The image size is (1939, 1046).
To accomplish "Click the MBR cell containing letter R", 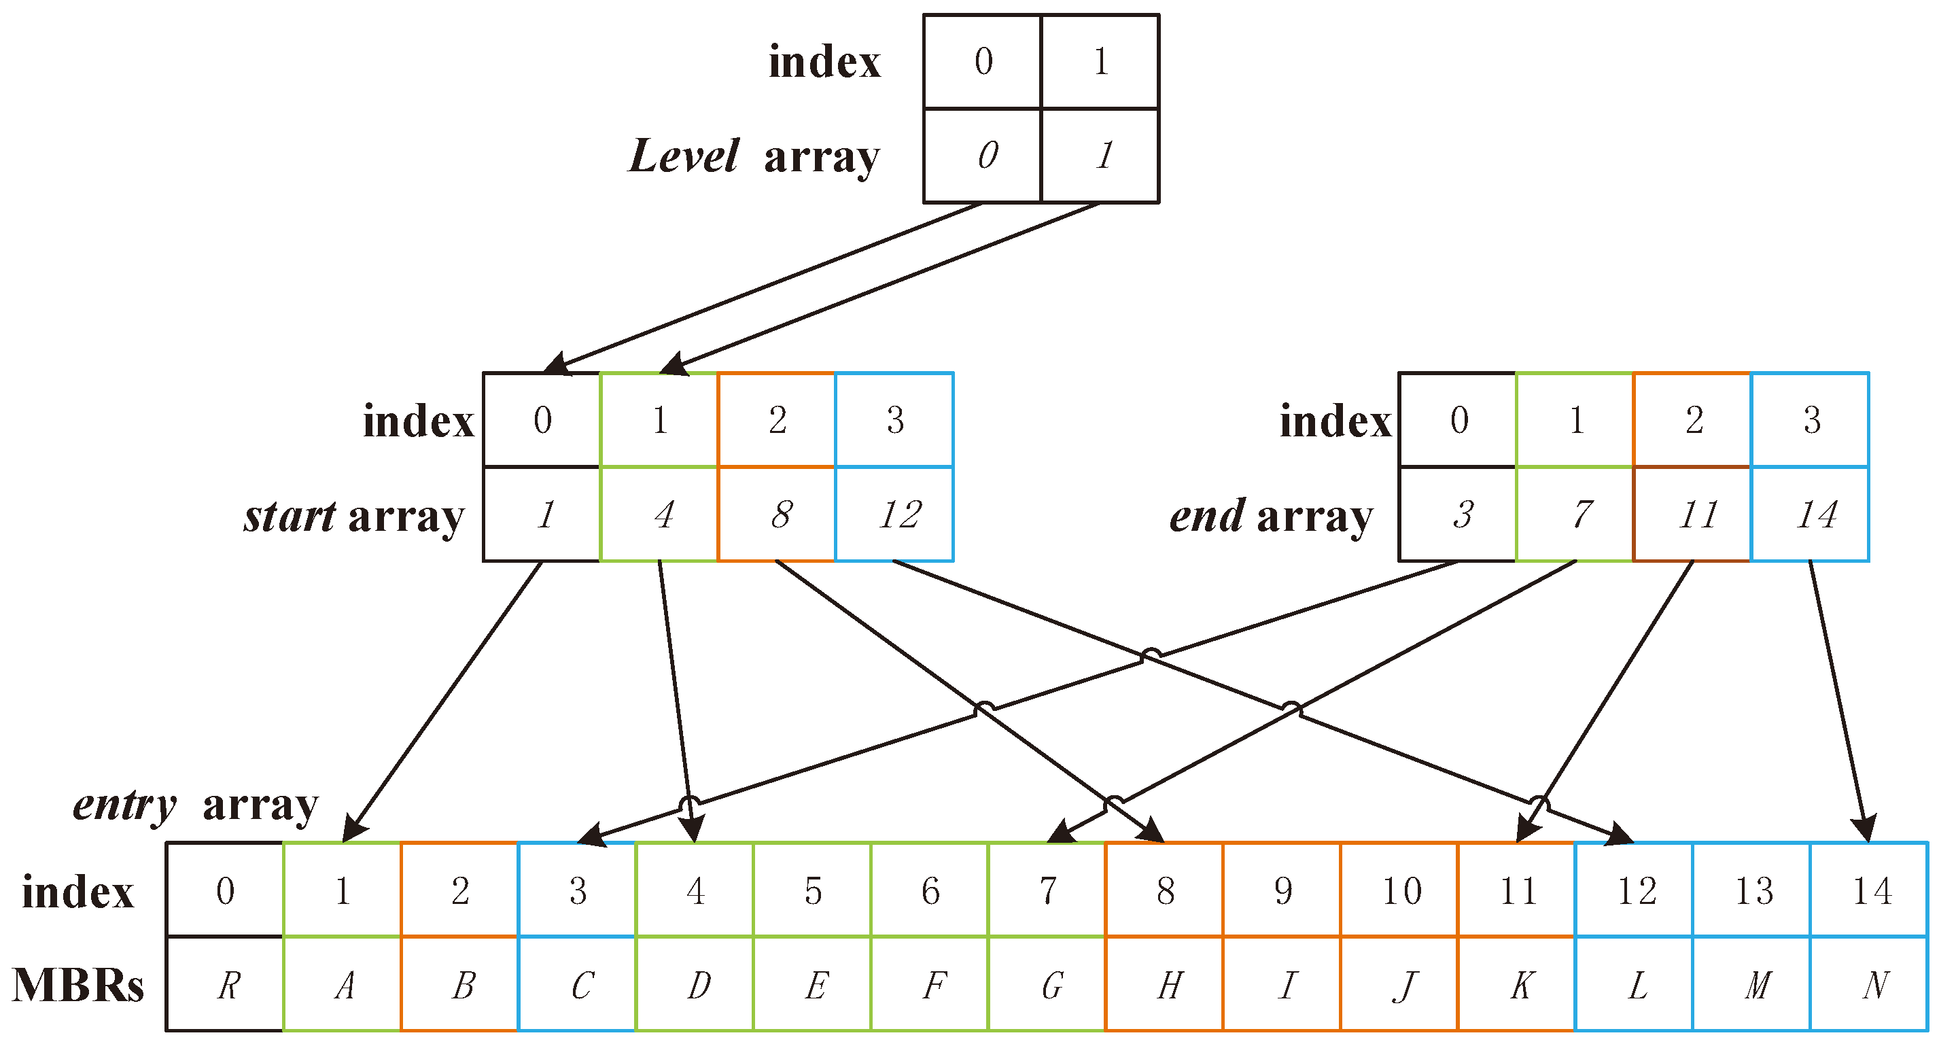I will coord(226,984).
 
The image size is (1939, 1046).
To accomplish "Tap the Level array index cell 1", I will coord(1100,62).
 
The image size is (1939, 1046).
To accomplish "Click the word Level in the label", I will coord(684,156).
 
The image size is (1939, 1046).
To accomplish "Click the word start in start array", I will coord(289,517).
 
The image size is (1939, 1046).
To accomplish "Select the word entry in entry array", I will coord(124,805).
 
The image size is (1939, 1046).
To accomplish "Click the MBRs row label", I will coord(77,984).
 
